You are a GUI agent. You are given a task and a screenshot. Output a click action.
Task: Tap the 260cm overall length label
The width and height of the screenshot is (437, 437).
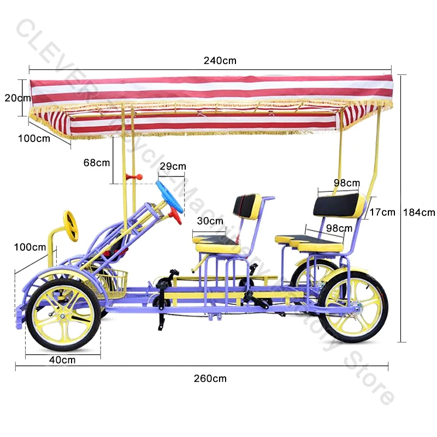point(210,378)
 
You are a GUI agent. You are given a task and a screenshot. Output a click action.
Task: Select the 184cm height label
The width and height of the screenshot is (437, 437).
point(419,212)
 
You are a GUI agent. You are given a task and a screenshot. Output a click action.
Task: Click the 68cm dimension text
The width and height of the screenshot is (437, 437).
point(97,162)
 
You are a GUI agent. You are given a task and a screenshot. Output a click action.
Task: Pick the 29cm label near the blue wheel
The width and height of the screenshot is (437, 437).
point(173,166)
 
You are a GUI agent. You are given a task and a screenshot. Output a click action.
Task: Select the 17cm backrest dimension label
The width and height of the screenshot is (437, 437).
point(381,212)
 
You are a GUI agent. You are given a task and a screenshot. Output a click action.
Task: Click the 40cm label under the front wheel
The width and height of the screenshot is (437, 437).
point(62,360)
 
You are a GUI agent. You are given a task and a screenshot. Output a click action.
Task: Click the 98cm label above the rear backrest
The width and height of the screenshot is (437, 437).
point(347,182)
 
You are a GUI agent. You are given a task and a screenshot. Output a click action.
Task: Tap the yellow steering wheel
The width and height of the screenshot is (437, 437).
point(71,225)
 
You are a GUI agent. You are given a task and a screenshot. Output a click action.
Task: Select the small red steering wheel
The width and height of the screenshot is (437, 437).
point(176,215)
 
